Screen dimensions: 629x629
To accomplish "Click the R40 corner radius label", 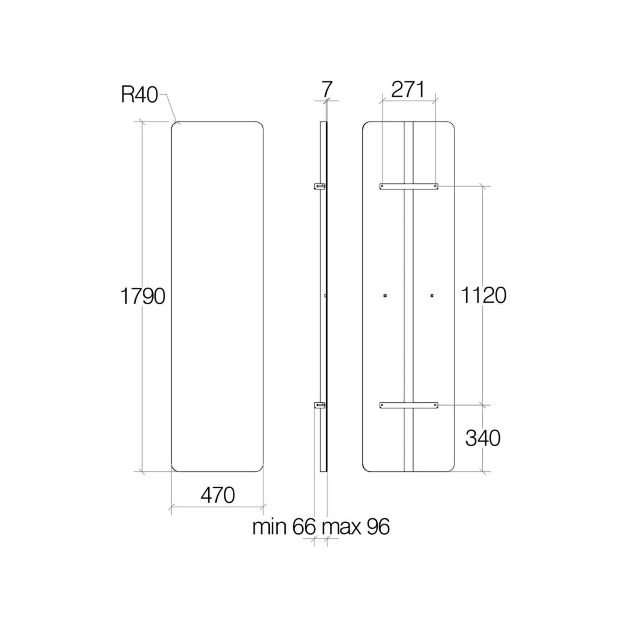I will pyautogui.click(x=139, y=95).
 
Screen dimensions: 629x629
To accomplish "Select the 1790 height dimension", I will pyautogui.click(x=142, y=296).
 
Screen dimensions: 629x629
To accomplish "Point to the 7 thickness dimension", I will pyautogui.click(x=327, y=89).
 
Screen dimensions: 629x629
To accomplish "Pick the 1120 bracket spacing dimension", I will pyautogui.click(x=483, y=296).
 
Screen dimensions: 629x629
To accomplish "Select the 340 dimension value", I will pyautogui.click(x=483, y=438).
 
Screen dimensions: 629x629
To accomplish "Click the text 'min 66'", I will pyautogui.click(x=284, y=527).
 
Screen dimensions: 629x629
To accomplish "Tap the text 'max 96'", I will pyautogui.click(x=356, y=527).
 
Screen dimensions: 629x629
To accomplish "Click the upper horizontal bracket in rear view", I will pyautogui.click(x=409, y=186).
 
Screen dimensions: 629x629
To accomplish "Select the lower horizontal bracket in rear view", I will pyautogui.click(x=409, y=405).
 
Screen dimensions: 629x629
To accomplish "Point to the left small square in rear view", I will pyautogui.click(x=385, y=295).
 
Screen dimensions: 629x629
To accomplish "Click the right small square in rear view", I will pyautogui.click(x=432, y=295).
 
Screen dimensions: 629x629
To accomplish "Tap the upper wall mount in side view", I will pyautogui.click(x=319, y=186).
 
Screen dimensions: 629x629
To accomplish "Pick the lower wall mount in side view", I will pyautogui.click(x=319, y=405).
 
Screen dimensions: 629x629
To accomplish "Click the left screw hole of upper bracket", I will pyautogui.click(x=383, y=186).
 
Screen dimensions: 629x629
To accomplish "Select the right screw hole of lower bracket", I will pyautogui.click(x=435, y=405).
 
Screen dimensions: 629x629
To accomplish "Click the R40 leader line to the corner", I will pyautogui.click(x=171, y=108).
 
